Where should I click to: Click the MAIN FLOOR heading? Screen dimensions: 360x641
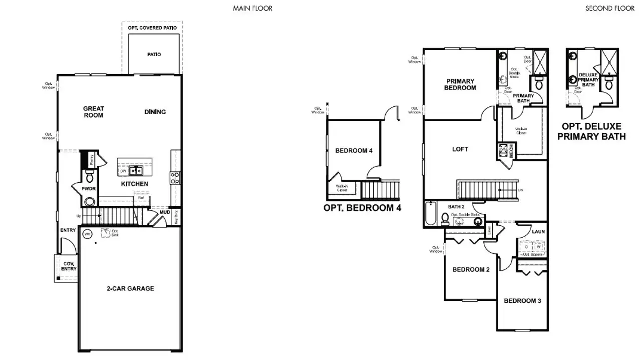coord(253,8)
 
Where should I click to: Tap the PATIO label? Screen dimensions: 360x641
coord(154,54)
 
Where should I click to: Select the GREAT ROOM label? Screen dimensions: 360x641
coord(94,112)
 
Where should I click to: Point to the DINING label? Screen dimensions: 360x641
coord(155,112)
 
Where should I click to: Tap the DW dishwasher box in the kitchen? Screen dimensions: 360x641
coord(123,171)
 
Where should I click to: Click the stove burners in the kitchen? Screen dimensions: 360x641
coord(175,178)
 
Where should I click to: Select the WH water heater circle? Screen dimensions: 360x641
coord(87,234)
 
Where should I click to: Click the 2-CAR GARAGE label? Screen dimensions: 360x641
coord(130,288)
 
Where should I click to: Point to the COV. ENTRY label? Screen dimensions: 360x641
coord(69,266)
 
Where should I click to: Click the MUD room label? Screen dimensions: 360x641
coord(165,212)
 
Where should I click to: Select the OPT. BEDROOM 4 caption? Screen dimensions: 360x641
coord(362,208)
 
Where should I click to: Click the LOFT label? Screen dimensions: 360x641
coord(460,149)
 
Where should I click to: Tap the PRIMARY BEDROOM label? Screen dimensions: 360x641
coord(461,84)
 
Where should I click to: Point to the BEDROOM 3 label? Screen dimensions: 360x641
coord(522,301)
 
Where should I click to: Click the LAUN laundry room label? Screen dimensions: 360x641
coord(538,232)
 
